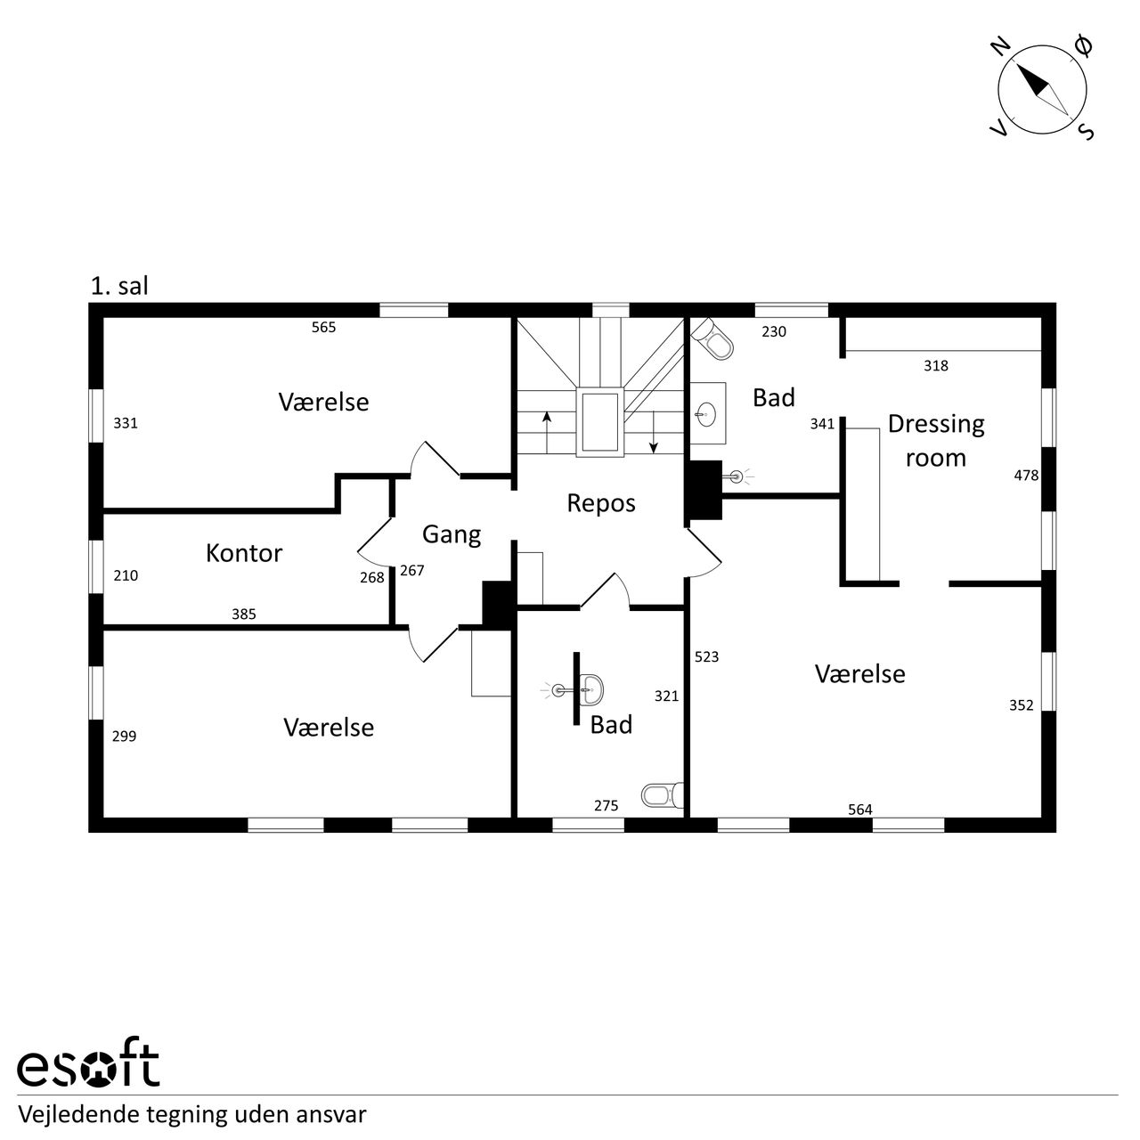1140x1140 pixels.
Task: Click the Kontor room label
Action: point(244,553)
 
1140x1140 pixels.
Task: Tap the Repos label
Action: point(601,503)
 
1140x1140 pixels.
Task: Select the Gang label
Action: point(452,534)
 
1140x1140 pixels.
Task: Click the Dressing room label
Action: point(936,441)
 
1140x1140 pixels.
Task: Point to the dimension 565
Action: point(323,327)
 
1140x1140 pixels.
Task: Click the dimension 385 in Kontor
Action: point(244,614)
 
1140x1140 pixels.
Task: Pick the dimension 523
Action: point(706,656)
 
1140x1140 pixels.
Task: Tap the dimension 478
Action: point(1026,475)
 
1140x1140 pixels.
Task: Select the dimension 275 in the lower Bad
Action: point(607,805)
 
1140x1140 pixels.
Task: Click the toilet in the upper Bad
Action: point(712,339)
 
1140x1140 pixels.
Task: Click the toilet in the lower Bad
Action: point(663,795)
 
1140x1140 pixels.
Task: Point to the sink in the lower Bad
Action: point(590,689)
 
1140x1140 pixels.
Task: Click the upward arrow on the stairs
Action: point(547,432)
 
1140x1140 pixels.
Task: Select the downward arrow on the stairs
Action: point(653,433)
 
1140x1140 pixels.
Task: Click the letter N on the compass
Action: point(1001,46)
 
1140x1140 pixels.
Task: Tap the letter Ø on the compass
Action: point(1083,45)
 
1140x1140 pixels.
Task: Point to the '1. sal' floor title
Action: point(119,286)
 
